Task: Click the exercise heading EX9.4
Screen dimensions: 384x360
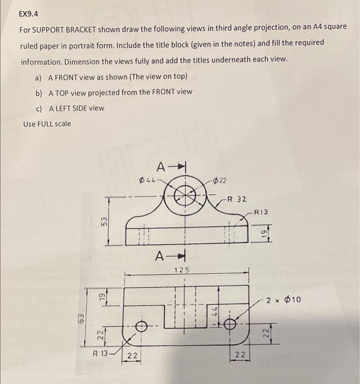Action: (x=29, y=13)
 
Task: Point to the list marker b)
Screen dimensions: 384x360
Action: (x=40, y=92)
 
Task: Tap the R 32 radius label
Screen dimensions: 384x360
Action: (x=237, y=199)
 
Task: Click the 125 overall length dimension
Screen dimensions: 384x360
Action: (x=182, y=269)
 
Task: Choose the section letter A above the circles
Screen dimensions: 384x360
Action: (x=160, y=166)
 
